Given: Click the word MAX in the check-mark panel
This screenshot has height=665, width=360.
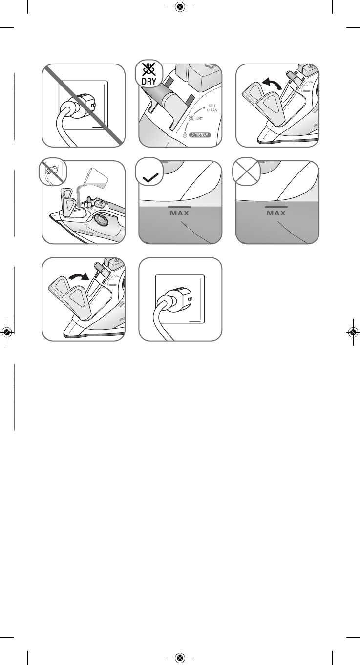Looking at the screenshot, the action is (180, 213).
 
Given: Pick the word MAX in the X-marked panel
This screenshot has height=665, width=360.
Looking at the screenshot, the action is (277, 213).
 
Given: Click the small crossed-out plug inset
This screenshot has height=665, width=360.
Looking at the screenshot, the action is (51, 172).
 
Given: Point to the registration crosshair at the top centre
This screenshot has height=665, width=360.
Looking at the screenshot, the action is (180, 7).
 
